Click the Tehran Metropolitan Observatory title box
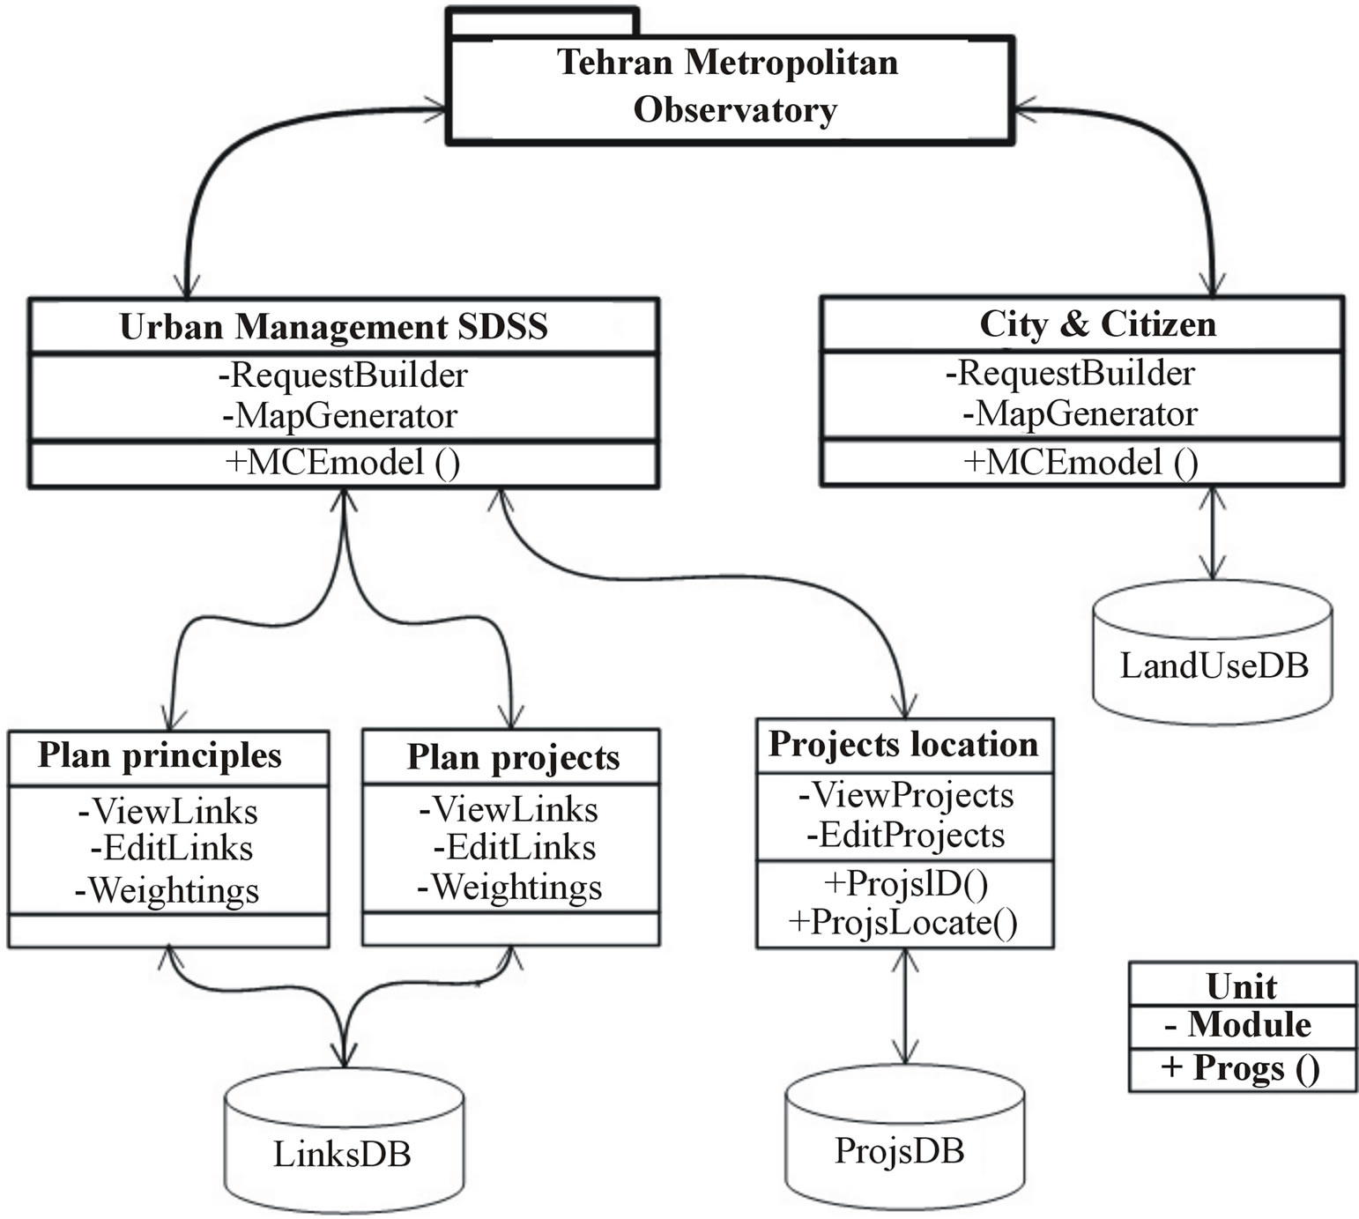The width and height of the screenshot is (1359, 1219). [730, 87]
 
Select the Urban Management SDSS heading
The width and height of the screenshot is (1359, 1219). [333, 327]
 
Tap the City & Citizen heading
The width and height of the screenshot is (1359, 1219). [1097, 324]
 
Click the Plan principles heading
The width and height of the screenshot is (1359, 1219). [160, 756]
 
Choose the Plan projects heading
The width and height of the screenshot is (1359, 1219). [513, 758]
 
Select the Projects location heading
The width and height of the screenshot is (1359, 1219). [903, 745]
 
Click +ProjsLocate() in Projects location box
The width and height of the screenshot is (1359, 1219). [903, 922]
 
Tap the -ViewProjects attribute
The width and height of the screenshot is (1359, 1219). [906, 795]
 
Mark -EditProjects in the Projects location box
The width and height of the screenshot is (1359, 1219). [905, 835]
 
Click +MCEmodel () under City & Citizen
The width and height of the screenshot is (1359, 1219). [1081, 462]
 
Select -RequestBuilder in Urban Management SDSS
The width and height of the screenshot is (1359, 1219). [343, 375]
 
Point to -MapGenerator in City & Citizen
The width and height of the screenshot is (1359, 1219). [1080, 413]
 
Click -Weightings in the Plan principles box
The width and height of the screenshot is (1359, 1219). [167, 890]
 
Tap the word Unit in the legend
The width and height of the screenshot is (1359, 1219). [1241, 985]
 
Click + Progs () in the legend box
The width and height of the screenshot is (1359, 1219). [1241, 1068]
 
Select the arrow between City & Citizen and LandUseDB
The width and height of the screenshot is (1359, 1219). [1214, 533]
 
